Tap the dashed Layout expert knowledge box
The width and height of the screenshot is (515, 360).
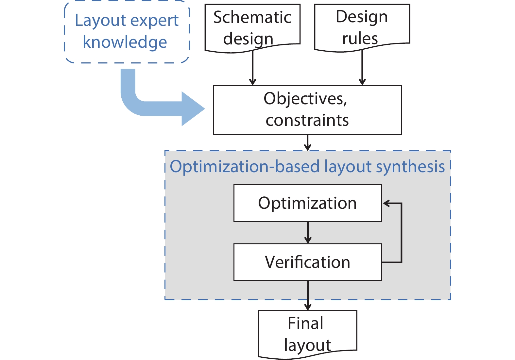(x=127, y=32)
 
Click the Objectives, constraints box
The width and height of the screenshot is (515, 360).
(x=307, y=110)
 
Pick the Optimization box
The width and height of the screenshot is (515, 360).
(x=307, y=203)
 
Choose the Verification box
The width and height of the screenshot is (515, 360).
(x=307, y=262)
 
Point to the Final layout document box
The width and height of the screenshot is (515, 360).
(x=307, y=334)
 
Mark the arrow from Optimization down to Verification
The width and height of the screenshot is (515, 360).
(x=308, y=233)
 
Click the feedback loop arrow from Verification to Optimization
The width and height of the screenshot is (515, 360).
(x=401, y=233)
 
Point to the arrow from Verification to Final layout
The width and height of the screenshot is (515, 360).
(x=308, y=295)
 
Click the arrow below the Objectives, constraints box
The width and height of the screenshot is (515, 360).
(x=307, y=143)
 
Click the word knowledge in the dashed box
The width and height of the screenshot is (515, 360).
(x=125, y=42)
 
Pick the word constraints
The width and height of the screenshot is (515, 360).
(x=307, y=120)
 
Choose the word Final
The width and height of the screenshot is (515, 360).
(x=305, y=323)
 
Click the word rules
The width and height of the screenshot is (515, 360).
(x=360, y=39)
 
